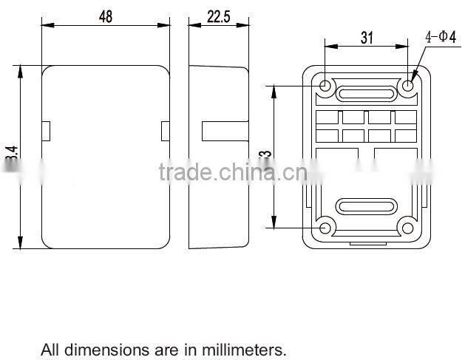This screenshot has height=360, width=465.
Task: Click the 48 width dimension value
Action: point(106,16)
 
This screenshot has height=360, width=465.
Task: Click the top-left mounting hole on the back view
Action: point(326,86)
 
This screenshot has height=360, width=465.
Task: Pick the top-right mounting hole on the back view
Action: point(407,86)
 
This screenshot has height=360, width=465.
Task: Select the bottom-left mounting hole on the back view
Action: point(326,227)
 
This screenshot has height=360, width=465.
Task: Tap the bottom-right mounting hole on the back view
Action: point(407,227)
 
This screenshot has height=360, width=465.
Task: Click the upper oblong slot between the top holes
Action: point(366,94)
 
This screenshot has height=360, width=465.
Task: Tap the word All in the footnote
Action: point(49,349)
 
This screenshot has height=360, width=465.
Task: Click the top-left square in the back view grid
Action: point(327,118)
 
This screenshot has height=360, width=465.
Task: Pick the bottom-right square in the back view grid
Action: point(405,135)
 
